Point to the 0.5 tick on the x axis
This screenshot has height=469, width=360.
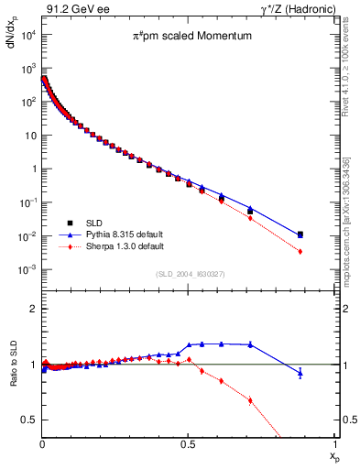tap(188, 443)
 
